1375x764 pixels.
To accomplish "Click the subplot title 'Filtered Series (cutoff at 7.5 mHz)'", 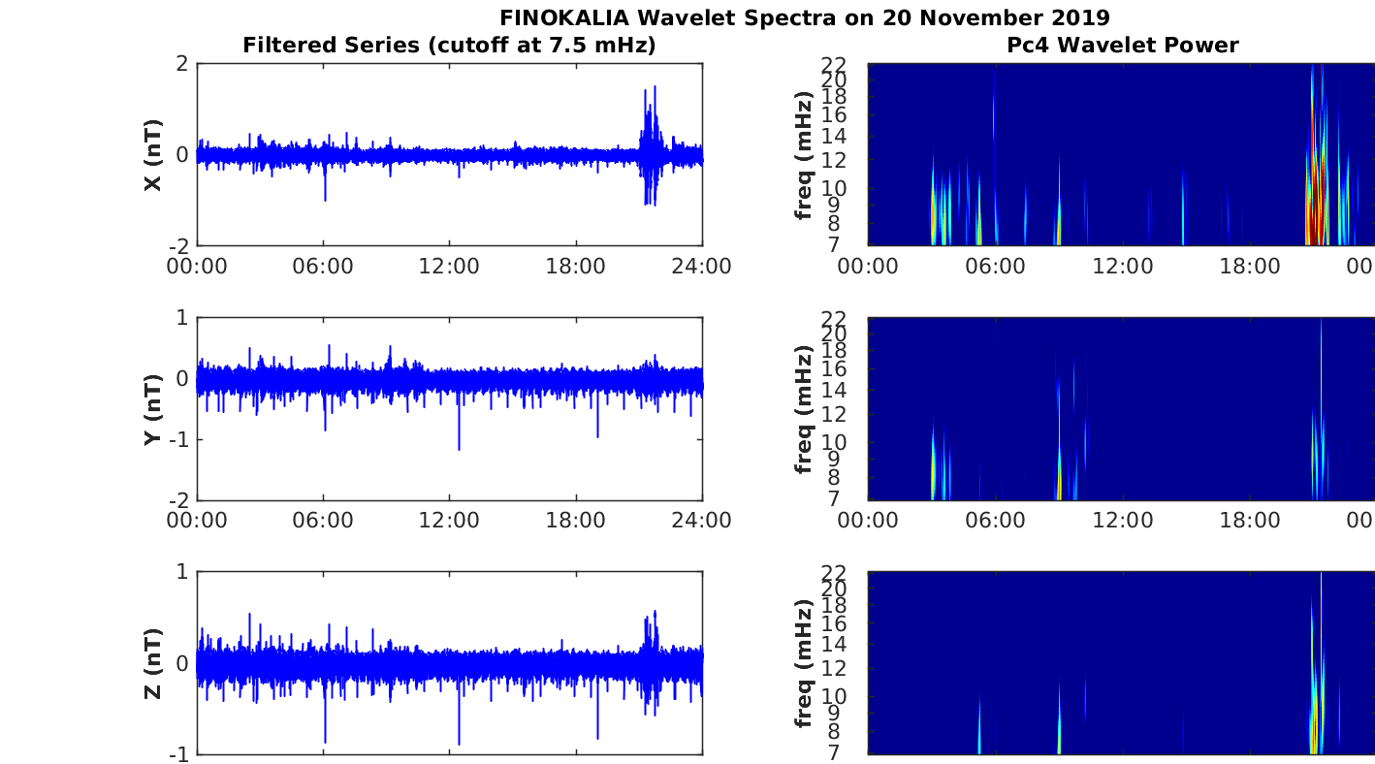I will pos(449,45).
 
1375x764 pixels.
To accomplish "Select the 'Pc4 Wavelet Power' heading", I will pos(1122,45).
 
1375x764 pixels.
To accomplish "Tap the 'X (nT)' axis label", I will pos(152,155).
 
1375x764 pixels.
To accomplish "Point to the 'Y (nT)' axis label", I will pos(152,409).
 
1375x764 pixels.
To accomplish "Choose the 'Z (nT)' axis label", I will pos(152,663).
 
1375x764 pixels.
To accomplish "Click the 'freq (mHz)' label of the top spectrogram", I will pos(803,155).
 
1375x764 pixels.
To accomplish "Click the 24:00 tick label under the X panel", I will pos(702,267).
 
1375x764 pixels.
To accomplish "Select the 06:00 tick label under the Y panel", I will pos(323,521).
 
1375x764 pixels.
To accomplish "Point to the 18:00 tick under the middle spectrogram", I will pos(1249,521).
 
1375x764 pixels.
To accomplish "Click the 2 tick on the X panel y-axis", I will pos(180,64).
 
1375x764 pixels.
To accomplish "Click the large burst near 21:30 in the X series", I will pos(651,145).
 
